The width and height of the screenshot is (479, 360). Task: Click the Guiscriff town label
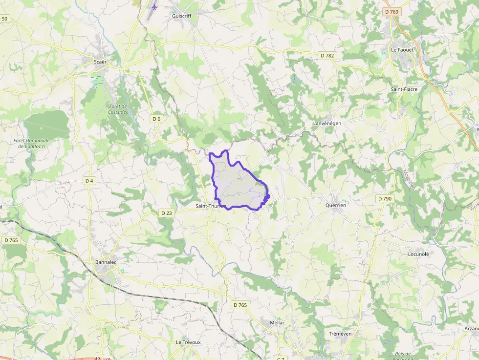(x=182, y=16)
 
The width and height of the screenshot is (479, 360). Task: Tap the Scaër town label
(x=100, y=62)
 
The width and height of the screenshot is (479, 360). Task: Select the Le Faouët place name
(x=402, y=50)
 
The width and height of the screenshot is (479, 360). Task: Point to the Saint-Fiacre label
(x=404, y=89)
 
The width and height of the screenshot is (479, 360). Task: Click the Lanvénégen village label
(x=327, y=124)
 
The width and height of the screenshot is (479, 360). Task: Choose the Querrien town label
(x=335, y=206)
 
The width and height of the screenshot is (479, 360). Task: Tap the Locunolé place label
(x=418, y=254)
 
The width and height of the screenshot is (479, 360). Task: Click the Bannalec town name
(x=106, y=262)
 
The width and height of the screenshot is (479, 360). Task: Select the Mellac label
(x=277, y=323)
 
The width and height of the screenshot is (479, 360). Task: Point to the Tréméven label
(x=340, y=334)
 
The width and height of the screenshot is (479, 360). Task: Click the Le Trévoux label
(x=188, y=342)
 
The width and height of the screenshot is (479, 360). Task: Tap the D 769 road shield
(x=392, y=12)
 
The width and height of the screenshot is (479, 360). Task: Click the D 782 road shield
(x=327, y=56)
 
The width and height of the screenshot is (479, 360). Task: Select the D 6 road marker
(x=156, y=119)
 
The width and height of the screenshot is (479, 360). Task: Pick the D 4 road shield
(x=89, y=181)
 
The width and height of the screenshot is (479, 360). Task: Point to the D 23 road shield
(x=166, y=213)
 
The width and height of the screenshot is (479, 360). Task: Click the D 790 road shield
(x=385, y=199)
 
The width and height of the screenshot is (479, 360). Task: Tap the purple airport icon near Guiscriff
(x=155, y=7)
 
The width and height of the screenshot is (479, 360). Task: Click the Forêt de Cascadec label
(x=118, y=109)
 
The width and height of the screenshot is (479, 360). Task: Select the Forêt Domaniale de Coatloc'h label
(x=32, y=143)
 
